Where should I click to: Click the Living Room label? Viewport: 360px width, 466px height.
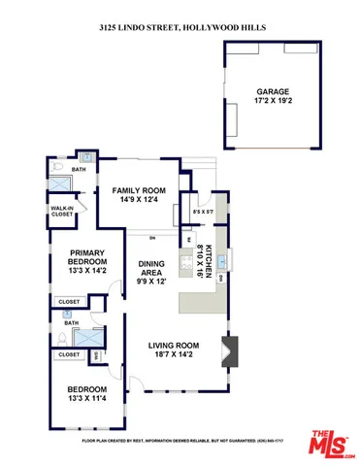coord(174,345)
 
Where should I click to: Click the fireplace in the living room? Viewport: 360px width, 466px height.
coord(229,350)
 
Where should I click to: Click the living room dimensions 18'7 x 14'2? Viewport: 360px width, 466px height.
coord(174,356)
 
